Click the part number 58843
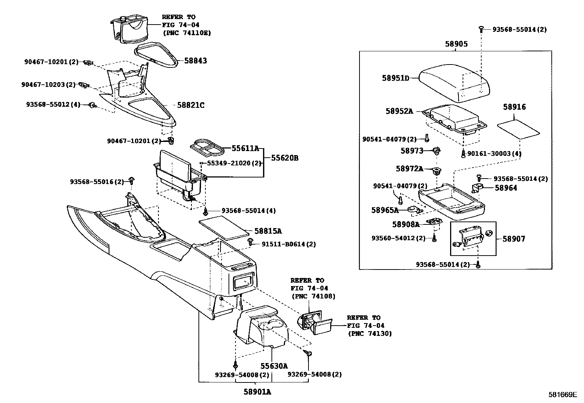(195, 61)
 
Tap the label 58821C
(190, 105)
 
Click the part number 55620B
(285, 158)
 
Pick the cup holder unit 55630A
(261, 326)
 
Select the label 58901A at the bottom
(257, 392)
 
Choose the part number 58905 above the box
(456, 44)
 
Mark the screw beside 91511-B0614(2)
(251, 241)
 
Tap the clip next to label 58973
(436, 150)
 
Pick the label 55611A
(245, 149)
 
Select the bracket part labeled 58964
(477, 188)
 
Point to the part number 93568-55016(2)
(97, 182)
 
